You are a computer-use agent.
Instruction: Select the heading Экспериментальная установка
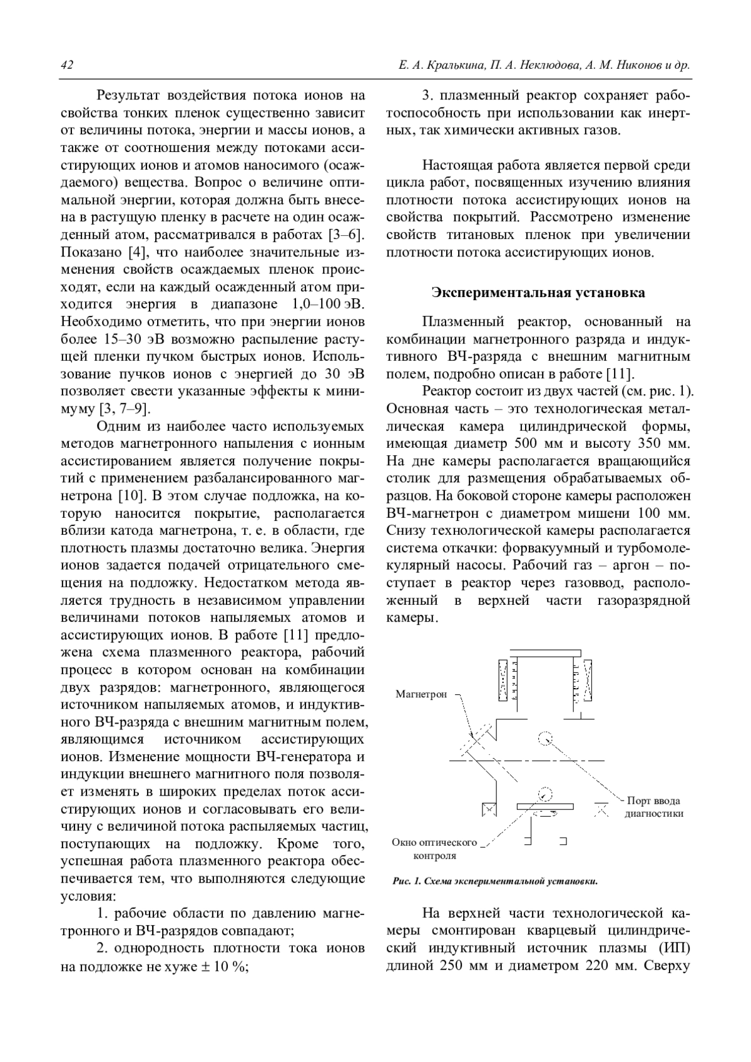coord(538,293)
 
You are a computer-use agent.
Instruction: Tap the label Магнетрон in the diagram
coord(421,694)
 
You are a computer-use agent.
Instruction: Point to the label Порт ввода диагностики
coord(654,807)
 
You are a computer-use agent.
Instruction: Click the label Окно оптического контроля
coord(434,849)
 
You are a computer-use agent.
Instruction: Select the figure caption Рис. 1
coord(494,881)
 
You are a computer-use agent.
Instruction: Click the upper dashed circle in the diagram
coord(545,737)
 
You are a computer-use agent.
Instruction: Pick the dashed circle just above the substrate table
coord(546,793)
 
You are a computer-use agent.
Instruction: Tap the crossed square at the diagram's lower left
coord(488,810)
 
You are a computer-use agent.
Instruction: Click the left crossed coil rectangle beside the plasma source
coord(504,680)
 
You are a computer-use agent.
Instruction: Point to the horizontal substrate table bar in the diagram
coord(545,807)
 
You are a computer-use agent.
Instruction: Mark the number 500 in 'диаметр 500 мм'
coord(526,444)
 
